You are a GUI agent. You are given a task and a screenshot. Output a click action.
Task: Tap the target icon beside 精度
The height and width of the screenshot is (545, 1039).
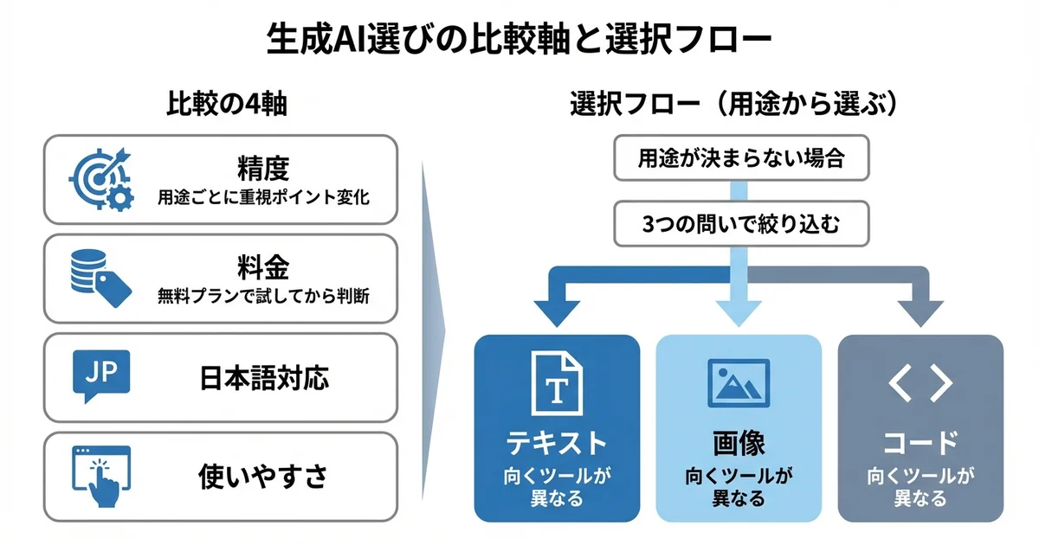click(100, 179)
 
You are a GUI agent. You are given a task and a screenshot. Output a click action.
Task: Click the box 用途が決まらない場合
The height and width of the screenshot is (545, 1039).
click(740, 159)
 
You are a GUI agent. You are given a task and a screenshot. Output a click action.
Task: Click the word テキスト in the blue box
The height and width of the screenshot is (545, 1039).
click(557, 444)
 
